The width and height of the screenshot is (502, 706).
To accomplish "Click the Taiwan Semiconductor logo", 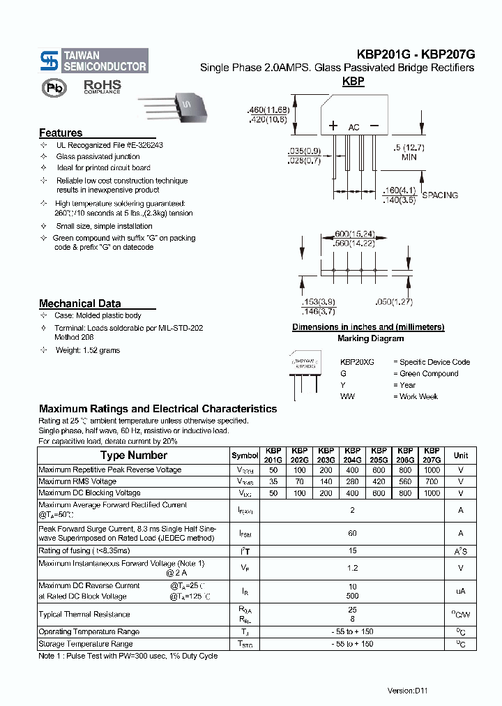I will [x=93, y=61].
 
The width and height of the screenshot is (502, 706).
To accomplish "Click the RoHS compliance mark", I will [x=102, y=87].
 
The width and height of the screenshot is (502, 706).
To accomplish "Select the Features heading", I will [x=61, y=133].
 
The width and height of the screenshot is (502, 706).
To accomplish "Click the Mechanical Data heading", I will [x=79, y=303].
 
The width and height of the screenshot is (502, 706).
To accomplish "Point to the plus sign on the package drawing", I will [x=333, y=126].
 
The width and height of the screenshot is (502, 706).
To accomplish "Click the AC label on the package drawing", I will [x=353, y=128].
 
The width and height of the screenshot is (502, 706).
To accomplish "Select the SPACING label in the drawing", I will [x=440, y=195].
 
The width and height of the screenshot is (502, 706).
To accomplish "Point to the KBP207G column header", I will [x=432, y=456].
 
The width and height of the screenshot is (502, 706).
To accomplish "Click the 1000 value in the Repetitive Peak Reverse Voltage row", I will [x=432, y=470].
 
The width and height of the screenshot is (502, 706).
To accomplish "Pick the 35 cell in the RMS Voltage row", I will [x=273, y=481].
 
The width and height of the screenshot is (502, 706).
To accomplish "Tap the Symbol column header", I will [x=245, y=456].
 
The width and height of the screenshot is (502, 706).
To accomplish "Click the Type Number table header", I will [x=133, y=456].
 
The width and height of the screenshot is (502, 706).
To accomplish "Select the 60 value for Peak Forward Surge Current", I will [x=352, y=534].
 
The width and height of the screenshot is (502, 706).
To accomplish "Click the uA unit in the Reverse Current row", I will [x=461, y=591].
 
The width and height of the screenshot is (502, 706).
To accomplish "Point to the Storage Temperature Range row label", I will [x=85, y=644].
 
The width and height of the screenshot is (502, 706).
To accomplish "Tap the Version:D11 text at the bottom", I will [x=407, y=690].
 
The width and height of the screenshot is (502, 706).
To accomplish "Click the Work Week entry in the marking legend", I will [x=419, y=396].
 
